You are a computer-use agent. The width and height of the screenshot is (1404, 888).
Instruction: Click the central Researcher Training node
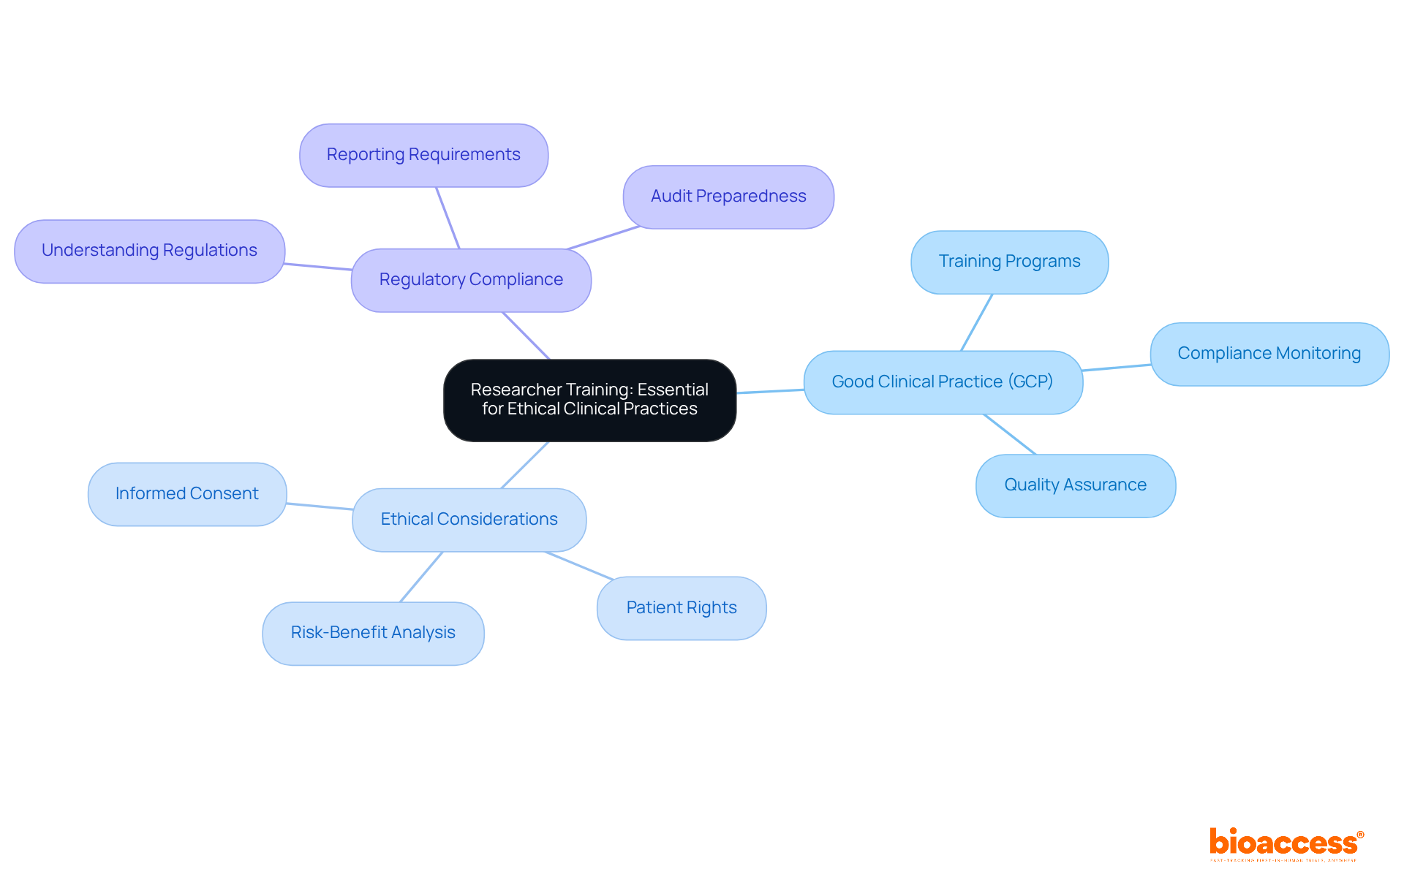click(589, 400)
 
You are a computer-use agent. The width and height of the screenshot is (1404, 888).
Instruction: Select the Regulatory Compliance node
click(471, 280)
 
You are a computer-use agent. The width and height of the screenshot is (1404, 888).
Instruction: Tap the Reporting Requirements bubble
click(423, 155)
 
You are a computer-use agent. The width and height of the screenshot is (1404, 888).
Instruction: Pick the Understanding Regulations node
click(149, 251)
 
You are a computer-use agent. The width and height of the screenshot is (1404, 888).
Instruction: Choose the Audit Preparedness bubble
click(728, 197)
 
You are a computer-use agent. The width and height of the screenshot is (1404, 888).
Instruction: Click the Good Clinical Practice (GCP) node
click(943, 382)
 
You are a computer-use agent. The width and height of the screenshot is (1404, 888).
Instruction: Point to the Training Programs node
click(1009, 262)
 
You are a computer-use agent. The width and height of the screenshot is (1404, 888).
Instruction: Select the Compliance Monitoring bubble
click(1269, 354)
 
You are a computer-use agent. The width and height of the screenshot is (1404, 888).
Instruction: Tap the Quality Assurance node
click(1075, 485)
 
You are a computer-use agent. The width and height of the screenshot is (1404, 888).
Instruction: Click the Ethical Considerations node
click(469, 520)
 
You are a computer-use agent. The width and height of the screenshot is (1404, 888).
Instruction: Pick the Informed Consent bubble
click(186, 494)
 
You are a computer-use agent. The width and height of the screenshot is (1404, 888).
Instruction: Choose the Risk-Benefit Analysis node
click(373, 633)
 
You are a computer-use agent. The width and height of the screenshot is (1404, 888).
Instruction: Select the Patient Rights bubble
click(682, 608)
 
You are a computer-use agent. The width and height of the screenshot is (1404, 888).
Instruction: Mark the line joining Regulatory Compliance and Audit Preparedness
click(604, 238)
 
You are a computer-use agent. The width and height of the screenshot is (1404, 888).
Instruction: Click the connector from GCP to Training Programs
click(976, 322)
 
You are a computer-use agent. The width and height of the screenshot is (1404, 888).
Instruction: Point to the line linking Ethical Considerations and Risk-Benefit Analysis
click(421, 577)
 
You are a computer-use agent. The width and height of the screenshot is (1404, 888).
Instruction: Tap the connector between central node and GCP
click(770, 391)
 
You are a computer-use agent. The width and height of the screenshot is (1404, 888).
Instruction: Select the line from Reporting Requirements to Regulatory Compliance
click(448, 218)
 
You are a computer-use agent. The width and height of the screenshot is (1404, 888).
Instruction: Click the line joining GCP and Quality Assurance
click(1010, 434)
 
